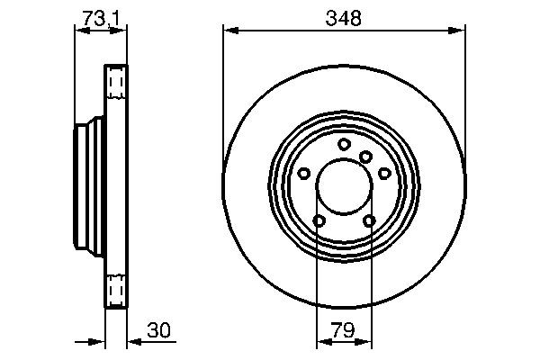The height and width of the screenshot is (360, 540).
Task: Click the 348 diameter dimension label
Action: click(344, 17)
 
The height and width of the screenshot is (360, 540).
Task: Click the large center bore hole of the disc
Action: click(344, 186)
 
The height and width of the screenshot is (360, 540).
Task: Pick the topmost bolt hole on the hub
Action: click(344, 144)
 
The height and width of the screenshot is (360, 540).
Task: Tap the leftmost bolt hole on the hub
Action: click(304, 174)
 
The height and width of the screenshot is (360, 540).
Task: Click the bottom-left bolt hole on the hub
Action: click(319, 220)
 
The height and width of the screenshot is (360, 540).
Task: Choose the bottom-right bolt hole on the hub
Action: click(369, 220)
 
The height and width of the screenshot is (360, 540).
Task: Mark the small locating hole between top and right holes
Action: click(365, 157)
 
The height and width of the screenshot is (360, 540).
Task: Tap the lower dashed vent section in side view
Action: click(116, 289)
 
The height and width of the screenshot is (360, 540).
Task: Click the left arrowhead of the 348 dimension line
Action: click(229, 31)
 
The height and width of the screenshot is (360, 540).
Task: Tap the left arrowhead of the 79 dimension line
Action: click(322, 342)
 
